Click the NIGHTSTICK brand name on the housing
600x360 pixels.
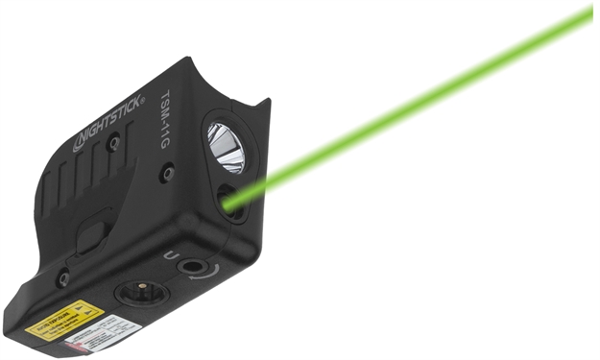pyautogui.click(x=108, y=123)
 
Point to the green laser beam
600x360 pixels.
pyautogui.click(x=413, y=107)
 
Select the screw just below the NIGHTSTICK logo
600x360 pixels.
pyautogui.click(x=114, y=142)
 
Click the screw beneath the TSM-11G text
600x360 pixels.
pyautogui.click(x=168, y=173)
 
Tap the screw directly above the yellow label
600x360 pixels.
pyautogui.click(x=63, y=278)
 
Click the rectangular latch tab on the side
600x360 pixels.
pyautogui.click(x=93, y=233)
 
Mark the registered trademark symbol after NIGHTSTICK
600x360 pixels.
pyautogui.click(x=143, y=98)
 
